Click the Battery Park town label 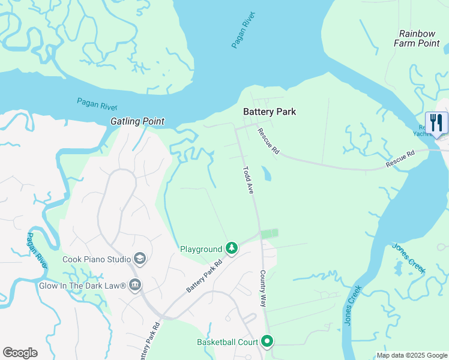(269, 112)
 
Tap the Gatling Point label (137, 121)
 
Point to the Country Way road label (262, 289)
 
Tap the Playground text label (201, 249)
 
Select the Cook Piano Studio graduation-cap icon (140, 259)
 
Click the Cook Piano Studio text (97, 260)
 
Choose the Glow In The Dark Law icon (135, 284)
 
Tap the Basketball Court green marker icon (267, 342)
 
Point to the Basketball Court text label (227, 343)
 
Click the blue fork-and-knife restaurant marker (436, 123)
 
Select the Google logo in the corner (20, 353)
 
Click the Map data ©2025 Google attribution (411, 355)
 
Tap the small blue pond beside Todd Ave (266, 174)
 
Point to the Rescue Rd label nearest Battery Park (268, 142)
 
